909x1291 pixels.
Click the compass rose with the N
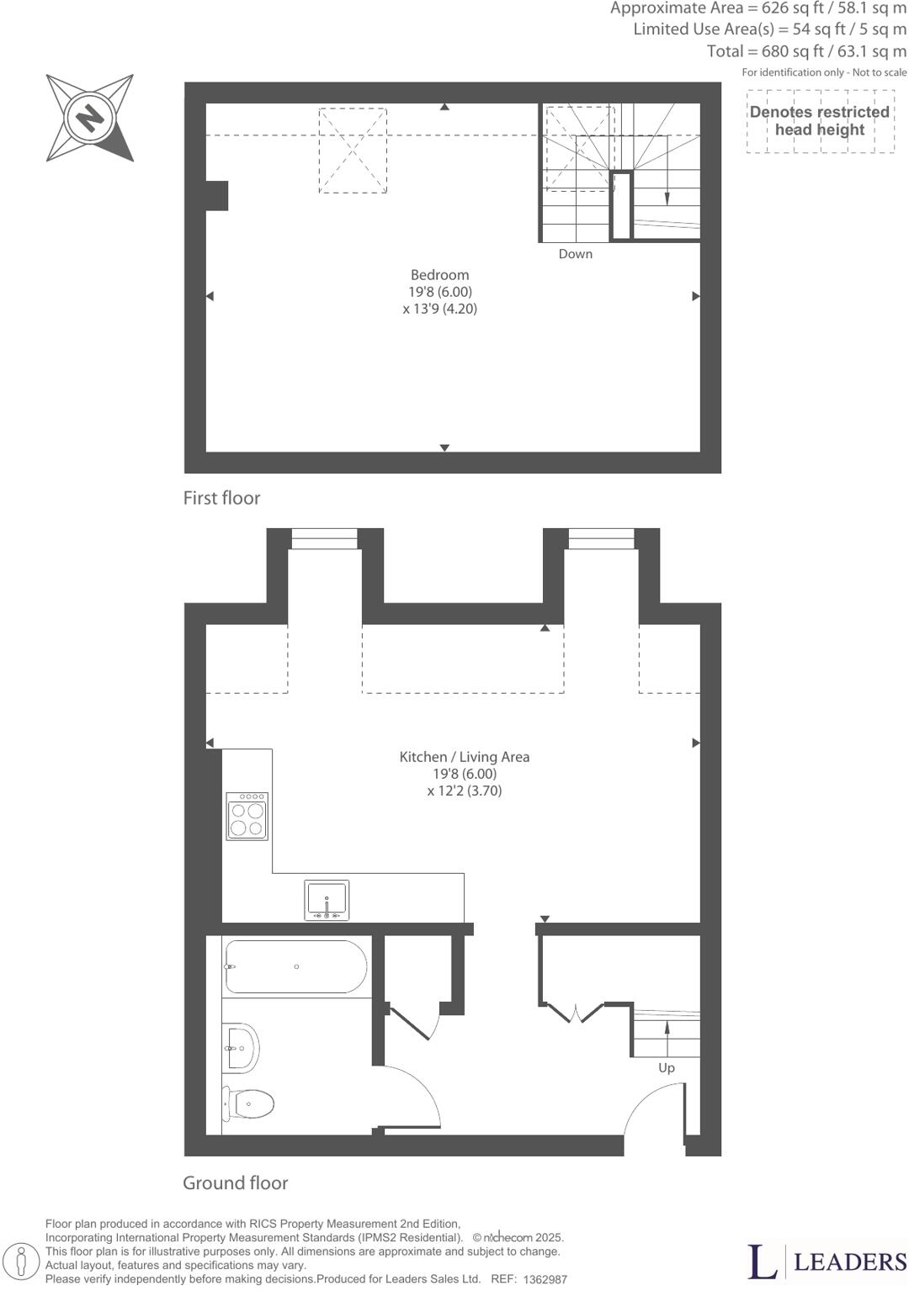tap(89, 117)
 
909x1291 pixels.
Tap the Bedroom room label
tap(439, 275)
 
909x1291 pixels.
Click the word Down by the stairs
tap(576, 254)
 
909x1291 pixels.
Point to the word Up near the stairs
tap(667, 1068)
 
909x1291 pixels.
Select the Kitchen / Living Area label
tap(465, 757)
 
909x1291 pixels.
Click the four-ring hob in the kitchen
tap(247, 816)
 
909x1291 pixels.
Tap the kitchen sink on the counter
tap(327, 900)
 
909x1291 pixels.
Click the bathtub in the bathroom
tap(295, 967)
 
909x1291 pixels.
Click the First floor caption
tap(222, 498)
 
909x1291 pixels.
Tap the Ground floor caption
tap(236, 1183)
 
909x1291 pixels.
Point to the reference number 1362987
tap(545, 1279)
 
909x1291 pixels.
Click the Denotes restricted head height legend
tap(820, 121)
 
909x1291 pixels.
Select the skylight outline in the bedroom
tap(353, 151)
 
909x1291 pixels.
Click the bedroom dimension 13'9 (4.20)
tap(440, 309)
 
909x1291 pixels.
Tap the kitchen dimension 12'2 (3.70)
tap(465, 791)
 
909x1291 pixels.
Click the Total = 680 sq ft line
tap(806, 51)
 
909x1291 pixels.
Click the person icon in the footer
tap(28, 1262)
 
